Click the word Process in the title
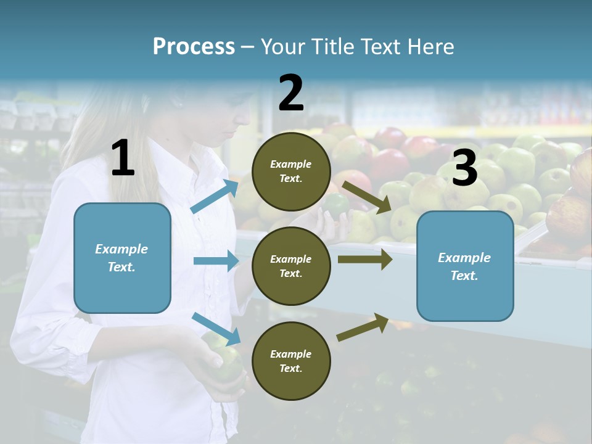[x=194, y=47]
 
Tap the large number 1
[x=123, y=158]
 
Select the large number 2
[x=291, y=93]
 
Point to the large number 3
[x=465, y=168]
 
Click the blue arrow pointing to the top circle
[x=215, y=197]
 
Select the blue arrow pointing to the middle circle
[x=216, y=261]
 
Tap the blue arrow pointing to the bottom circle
[x=216, y=328]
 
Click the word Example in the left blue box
[x=121, y=249]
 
